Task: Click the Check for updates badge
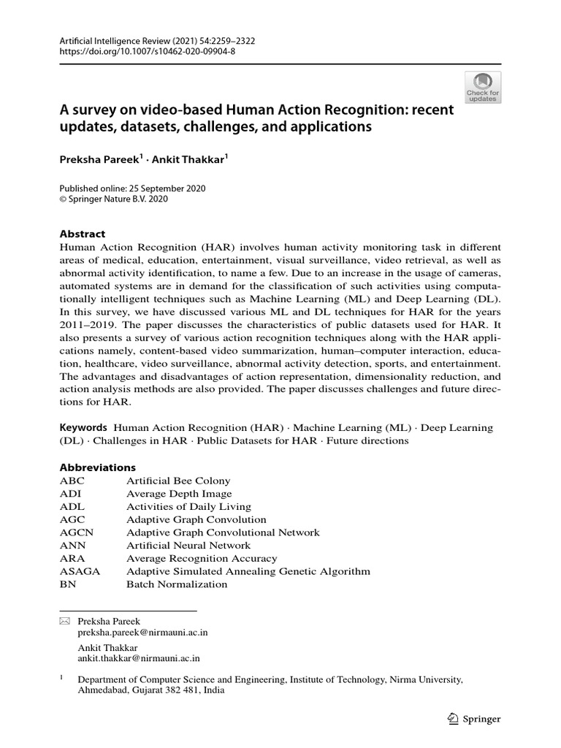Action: coord(483,87)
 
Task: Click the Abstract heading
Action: coord(82,234)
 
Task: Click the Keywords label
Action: coord(83,427)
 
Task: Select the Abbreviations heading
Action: coord(97,467)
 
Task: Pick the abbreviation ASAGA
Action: coord(80,571)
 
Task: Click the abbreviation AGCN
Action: coord(77,533)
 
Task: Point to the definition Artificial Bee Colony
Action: coord(178,481)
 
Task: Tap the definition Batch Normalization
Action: coord(177,584)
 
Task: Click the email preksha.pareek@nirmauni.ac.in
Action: coord(142,633)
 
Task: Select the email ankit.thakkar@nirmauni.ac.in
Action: coord(140,658)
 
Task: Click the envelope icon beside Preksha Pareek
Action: coord(64,621)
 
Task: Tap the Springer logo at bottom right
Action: coord(473,719)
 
